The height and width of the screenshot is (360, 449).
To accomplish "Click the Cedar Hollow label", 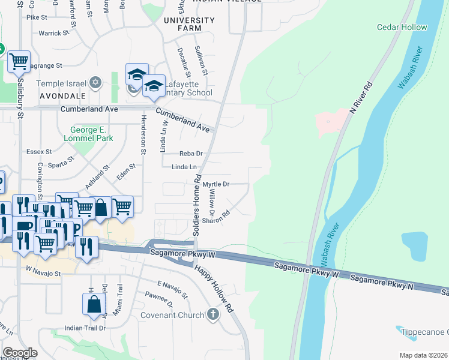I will click(x=402, y=27).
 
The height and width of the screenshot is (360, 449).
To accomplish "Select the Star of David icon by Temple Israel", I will click(x=95, y=82).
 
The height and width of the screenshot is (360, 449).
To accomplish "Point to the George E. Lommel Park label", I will click(x=92, y=134).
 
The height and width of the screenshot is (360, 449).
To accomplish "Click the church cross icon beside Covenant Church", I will click(x=212, y=314).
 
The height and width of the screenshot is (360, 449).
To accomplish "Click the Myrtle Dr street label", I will click(x=216, y=184).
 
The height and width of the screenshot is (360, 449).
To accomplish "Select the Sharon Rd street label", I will click(x=216, y=217).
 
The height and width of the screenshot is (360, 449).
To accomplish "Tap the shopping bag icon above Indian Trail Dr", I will click(x=95, y=304).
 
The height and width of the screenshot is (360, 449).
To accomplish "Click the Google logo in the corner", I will click(x=20, y=352).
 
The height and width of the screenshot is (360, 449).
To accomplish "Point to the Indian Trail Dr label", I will click(x=85, y=328).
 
